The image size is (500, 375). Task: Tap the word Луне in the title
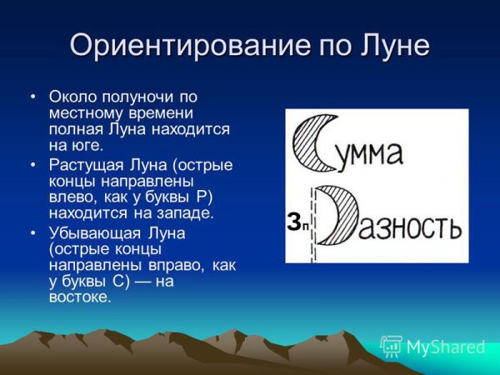pos(392,44)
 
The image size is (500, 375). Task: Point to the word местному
pos(82,113)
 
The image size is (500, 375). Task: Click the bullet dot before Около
pos(32,97)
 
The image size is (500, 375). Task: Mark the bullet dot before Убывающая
pos(32,233)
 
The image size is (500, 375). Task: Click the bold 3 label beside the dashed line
pos(293,222)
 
